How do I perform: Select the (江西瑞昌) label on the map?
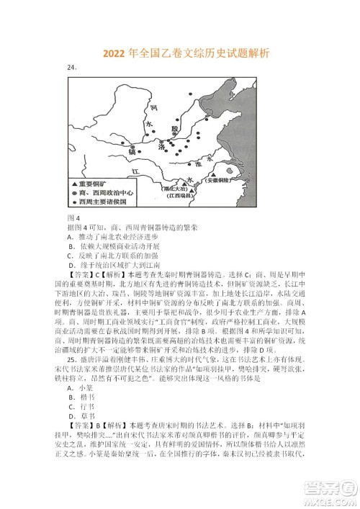pyautogui.click(x=197, y=196)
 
